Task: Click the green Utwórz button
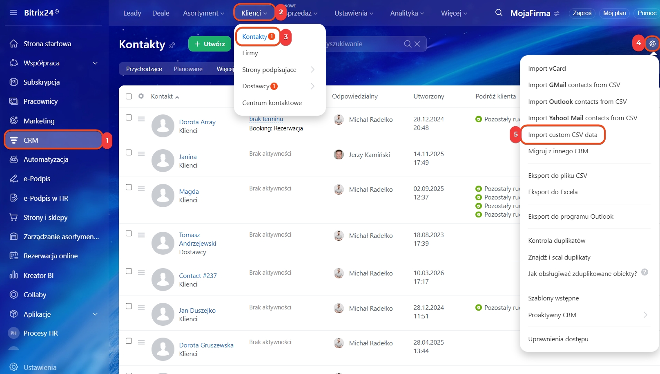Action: point(210,44)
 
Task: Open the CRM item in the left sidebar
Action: point(53,140)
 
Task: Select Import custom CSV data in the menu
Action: point(562,135)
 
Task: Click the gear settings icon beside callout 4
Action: point(652,43)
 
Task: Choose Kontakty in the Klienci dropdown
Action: point(254,37)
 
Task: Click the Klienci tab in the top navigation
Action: point(254,13)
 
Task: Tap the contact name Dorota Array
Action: point(197,122)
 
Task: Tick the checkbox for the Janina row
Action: point(129,152)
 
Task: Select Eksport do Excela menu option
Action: point(553,192)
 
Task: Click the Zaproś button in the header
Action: point(582,13)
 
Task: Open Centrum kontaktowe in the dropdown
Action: point(272,103)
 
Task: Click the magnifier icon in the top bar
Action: point(499,13)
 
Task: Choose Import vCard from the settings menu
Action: point(547,69)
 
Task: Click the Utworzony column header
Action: point(428,96)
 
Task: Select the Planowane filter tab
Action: point(188,69)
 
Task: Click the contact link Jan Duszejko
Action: point(197,310)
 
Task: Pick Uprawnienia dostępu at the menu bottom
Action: point(558,339)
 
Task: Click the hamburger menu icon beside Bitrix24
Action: point(13,13)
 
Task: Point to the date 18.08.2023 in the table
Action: point(428,235)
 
